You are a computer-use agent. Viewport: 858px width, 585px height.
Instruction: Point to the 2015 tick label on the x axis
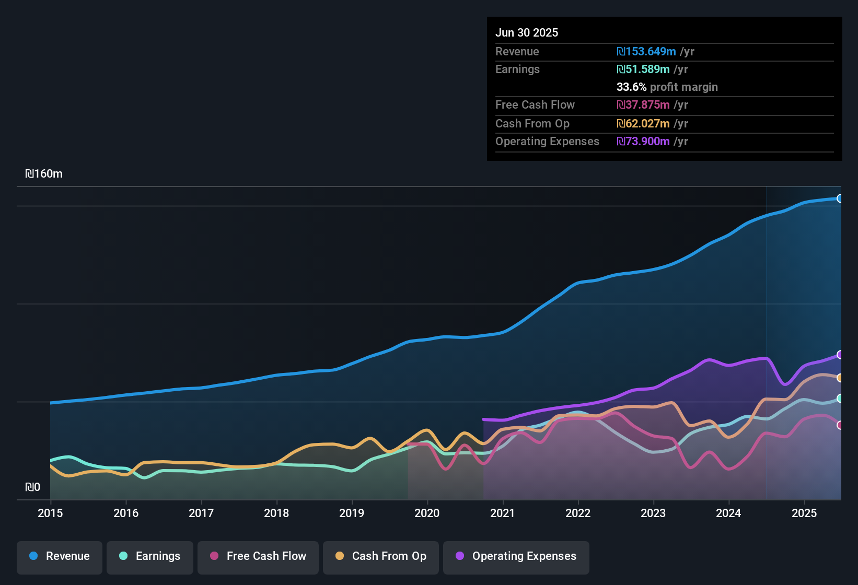(50, 513)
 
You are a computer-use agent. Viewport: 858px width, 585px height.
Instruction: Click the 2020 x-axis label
(427, 513)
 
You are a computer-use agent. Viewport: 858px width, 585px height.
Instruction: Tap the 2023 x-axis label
(654, 513)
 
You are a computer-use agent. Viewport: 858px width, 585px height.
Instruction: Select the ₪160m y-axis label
(44, 174)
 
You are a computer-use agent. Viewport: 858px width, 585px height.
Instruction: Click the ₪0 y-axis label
(32, 487)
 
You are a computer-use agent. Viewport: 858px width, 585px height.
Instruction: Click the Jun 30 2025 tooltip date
(527, 32)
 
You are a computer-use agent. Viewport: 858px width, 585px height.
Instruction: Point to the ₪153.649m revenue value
(646, 51)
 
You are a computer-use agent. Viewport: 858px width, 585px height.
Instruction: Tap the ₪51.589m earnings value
(643, 69)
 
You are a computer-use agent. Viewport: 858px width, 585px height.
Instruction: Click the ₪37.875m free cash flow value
(643, 104)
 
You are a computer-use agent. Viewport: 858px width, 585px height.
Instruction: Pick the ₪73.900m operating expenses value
(643, 141)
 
